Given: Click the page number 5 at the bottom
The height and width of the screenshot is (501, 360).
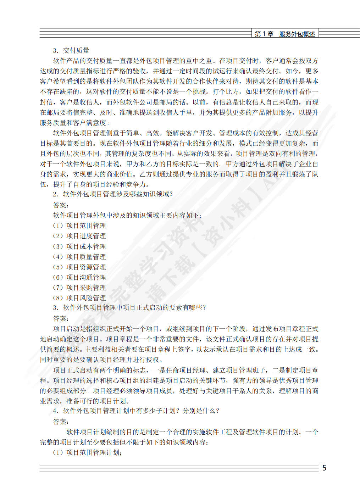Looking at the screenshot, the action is [324, 468].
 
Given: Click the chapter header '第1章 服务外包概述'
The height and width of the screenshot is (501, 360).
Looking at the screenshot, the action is [285, 34].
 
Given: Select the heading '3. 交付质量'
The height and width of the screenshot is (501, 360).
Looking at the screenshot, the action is [71, 50].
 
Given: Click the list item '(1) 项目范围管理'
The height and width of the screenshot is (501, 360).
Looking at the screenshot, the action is [79, 226].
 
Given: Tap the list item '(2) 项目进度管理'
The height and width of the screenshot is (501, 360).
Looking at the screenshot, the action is [79, 236].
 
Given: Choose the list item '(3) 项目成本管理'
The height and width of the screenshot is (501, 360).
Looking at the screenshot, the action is [79, 246].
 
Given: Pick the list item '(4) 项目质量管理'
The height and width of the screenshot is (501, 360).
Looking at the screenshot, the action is [79, 257].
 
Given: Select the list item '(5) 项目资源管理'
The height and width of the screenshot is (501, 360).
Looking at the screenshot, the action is [79, 267].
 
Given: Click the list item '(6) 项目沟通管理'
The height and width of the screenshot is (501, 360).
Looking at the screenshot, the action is [79, 277].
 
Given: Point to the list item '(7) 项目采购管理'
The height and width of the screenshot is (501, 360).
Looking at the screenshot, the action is [79, 288].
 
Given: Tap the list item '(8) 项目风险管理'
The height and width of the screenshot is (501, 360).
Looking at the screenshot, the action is [79, 298].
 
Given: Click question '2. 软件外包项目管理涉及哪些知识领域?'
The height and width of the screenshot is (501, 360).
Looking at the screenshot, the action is [113, 194].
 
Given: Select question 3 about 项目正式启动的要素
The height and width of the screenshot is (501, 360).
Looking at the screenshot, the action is [129, 307].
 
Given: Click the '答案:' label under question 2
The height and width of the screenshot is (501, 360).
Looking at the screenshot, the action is [61, 205].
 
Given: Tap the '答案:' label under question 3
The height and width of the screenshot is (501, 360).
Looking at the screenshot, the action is [61, 318].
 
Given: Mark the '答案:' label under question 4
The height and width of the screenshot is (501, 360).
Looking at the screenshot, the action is [61, 422].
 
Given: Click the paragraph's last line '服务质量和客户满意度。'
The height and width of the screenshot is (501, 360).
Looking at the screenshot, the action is [75, 123].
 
